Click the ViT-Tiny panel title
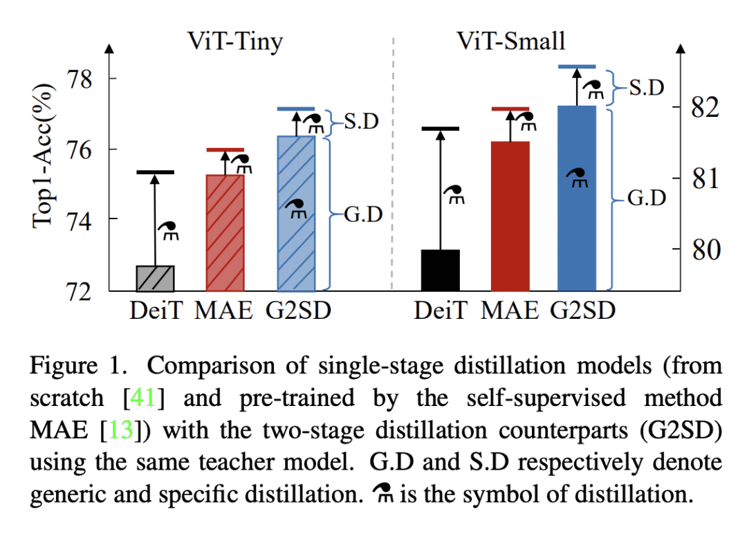235,41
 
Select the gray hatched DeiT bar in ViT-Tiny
155,278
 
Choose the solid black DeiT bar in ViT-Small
440,270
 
